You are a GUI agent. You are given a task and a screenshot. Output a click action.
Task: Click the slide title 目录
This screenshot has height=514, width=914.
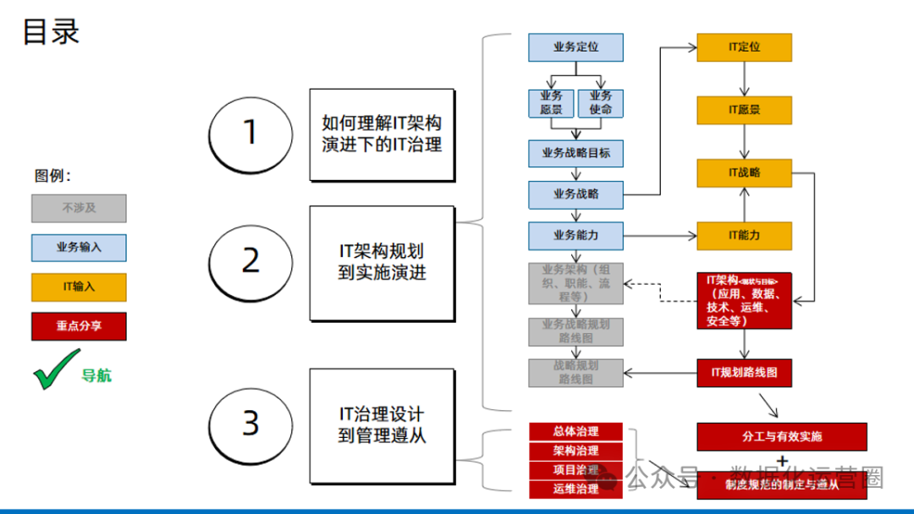point(51,31)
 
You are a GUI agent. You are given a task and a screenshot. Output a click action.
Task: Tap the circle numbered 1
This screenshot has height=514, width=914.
point(250,133)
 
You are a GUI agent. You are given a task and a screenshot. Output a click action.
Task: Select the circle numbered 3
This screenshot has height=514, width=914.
point(250,423)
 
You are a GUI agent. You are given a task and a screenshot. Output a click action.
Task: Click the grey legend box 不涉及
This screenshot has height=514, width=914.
point(79,208)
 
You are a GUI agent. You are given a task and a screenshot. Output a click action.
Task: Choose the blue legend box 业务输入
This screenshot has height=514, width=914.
point(79,248)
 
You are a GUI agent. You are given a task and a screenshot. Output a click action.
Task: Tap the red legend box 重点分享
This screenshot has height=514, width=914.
point(79,326)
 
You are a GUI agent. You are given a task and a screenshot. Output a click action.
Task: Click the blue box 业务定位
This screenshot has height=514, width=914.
point(575,47)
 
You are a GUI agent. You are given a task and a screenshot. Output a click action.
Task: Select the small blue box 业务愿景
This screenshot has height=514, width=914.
point(551,103)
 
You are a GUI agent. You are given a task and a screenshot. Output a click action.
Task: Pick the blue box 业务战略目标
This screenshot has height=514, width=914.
point(575,154)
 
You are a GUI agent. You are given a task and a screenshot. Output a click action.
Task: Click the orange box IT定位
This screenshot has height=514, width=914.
point(744,47)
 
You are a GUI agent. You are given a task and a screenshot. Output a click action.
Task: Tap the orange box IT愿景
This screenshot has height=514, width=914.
point(744,110)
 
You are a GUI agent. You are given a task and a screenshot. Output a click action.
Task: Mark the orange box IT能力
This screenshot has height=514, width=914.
point(744,235)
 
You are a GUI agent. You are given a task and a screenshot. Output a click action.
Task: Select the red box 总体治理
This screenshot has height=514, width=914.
point(575,431)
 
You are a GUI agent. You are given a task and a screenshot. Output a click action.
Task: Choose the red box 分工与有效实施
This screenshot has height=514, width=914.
point(782,437)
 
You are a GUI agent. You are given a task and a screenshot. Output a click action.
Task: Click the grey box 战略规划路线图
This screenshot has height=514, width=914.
point(575,373)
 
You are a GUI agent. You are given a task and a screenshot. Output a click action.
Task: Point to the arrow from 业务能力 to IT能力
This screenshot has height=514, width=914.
point(660,235)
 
